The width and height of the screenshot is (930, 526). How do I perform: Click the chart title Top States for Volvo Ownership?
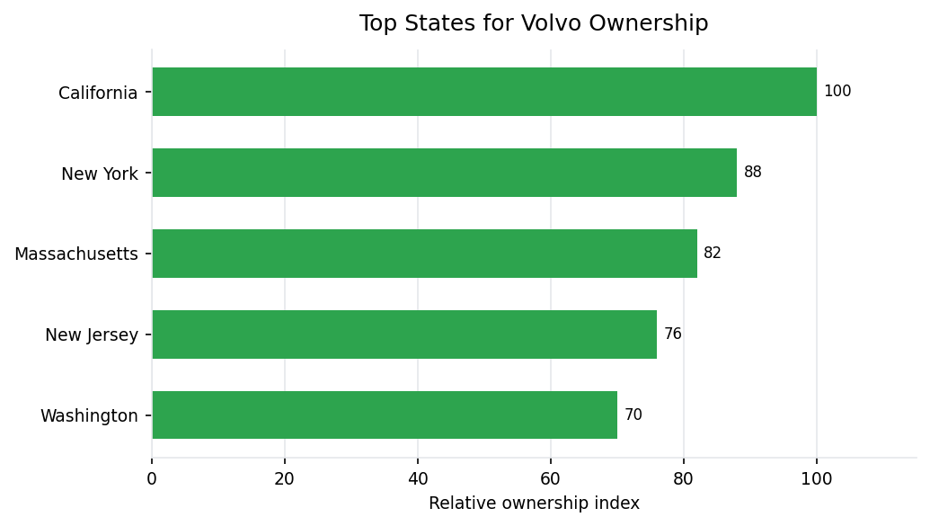534,24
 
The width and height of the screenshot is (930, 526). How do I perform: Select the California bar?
484,92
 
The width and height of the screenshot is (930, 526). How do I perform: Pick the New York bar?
444,173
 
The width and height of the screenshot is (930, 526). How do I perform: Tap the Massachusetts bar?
424,254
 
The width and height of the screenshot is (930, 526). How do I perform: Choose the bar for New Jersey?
404,334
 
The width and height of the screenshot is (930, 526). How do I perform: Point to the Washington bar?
385,415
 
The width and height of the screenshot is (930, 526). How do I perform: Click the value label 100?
837,92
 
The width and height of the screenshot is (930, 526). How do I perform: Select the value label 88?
752,173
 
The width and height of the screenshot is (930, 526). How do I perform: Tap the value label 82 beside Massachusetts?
713,254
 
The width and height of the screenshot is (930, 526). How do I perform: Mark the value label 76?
672,334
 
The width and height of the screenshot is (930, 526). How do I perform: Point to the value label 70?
633,415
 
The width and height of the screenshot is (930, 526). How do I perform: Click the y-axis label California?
98,94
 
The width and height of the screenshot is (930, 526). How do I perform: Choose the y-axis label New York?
100,174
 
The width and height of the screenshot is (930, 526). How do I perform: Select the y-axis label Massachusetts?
76,255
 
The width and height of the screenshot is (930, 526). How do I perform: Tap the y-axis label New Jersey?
92,336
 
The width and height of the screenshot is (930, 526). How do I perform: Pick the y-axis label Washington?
89,417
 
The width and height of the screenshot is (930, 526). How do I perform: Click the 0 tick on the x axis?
152,479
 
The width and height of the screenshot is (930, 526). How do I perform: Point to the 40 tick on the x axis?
418,479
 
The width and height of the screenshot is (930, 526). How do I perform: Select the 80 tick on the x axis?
684,479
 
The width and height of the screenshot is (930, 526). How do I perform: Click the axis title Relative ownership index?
534,504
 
